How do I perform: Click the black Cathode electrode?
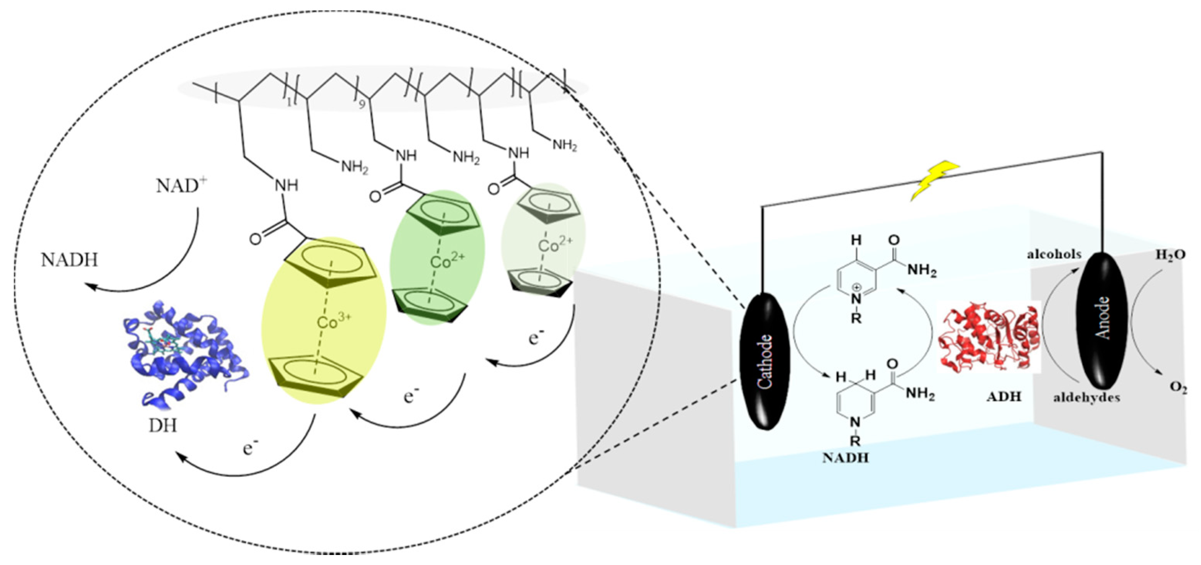pos(765,361)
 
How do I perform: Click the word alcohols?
pos(1054,254)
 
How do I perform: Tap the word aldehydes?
pos(1086,398)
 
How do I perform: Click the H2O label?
pos(1169,255)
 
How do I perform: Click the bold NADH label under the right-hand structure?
pos(845,458)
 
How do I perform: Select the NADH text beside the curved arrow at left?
pos(69,260)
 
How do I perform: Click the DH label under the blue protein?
pos(163,425)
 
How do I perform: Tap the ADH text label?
pos(1004,397)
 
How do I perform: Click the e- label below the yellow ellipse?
pos(251,449)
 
